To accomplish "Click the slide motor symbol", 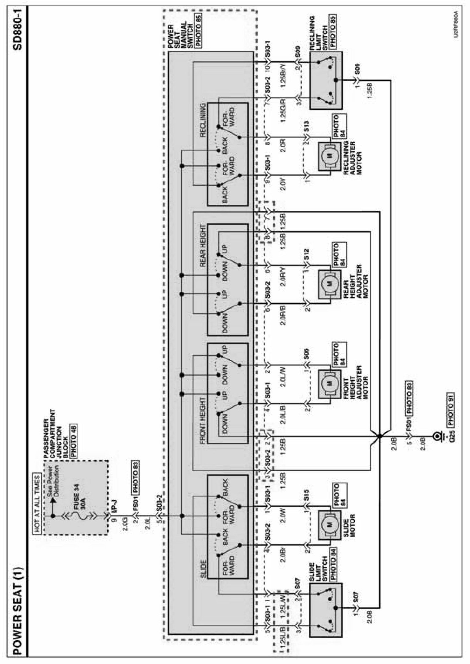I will point(329,525).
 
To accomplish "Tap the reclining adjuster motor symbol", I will point(329,156).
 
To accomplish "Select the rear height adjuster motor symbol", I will point(329,284).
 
